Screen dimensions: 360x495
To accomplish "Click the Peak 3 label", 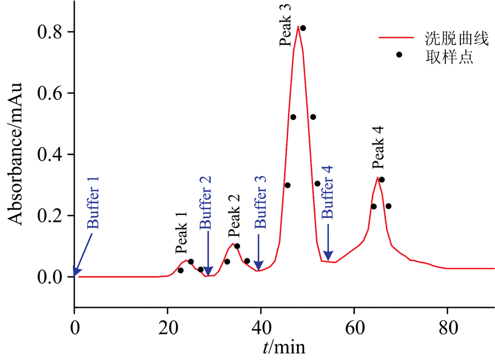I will pos(285,25).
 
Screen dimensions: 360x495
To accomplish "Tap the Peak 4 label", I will pos(377,147).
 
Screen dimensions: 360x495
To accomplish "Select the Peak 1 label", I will pos(182,232).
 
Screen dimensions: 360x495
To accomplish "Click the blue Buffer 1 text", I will pos(93,203).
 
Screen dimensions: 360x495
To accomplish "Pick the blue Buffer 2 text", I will pos(205,202).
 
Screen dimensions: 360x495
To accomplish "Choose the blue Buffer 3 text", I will pos(261,202).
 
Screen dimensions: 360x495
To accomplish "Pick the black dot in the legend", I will pos(399,54).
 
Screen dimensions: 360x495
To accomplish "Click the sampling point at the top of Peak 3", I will pos(303,28).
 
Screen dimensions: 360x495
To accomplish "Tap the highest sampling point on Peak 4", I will pos(382,180).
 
